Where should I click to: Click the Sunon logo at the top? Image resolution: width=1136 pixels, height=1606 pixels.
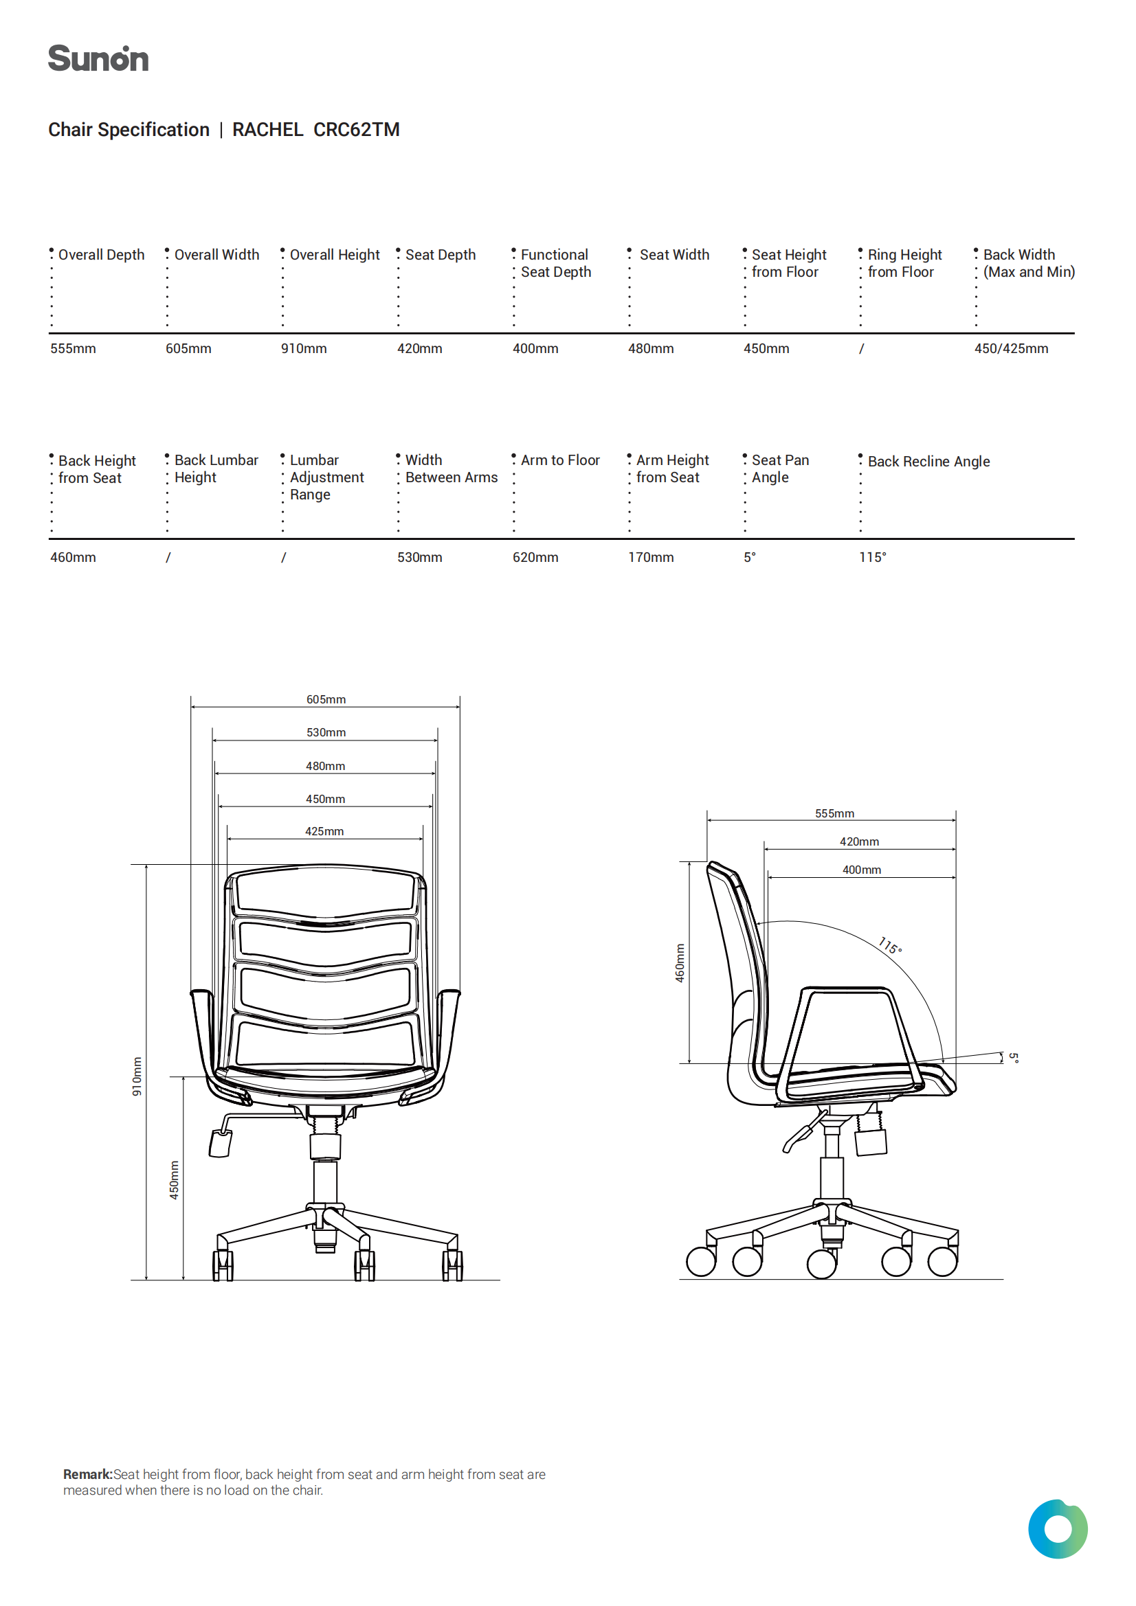pos(98,59)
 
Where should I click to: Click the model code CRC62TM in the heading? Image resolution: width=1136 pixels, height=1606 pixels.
pos(356,130)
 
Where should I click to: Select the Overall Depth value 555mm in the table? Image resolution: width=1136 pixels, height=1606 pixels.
pos(73,348)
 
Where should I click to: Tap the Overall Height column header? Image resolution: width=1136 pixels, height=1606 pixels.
pos(335,255)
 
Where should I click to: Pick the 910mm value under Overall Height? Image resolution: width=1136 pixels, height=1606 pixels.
pos(304,348)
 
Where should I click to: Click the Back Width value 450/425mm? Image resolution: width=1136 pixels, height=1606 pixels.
pos(1012,348)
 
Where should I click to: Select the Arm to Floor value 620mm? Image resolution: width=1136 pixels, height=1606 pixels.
pos(535,558)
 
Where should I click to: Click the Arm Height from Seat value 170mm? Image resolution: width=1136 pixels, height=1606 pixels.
pos(651,558)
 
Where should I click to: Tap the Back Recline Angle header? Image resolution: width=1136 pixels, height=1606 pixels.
pos(929,462)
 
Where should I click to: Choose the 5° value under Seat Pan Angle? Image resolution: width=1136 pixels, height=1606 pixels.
pos(750,558)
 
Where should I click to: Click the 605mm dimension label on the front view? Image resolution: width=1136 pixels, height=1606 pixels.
pos(326,699)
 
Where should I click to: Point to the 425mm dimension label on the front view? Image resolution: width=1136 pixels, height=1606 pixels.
pos(325,831)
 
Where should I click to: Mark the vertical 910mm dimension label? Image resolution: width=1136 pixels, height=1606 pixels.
pos(137,1076)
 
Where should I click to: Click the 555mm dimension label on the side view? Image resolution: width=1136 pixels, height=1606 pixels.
pos(834,813)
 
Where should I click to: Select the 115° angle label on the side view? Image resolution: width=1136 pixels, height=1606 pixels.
pos(891,946)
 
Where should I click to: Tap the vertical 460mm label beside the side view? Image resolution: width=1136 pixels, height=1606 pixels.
pos(680,963)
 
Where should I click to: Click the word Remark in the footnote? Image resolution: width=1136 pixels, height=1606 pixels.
pos(87,1475)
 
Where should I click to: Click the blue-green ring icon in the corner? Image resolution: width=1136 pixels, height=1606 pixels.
pos(1058,1529)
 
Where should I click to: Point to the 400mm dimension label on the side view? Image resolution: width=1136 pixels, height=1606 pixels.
pos(862,870)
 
